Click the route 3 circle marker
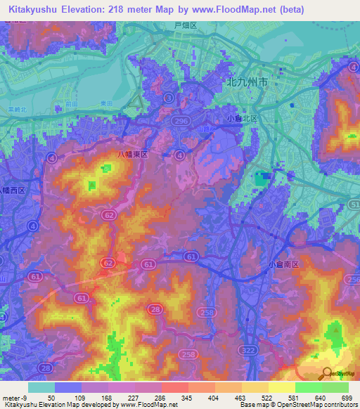(167, 99)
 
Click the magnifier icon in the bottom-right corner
(328, 373)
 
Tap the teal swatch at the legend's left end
(41, 387)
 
